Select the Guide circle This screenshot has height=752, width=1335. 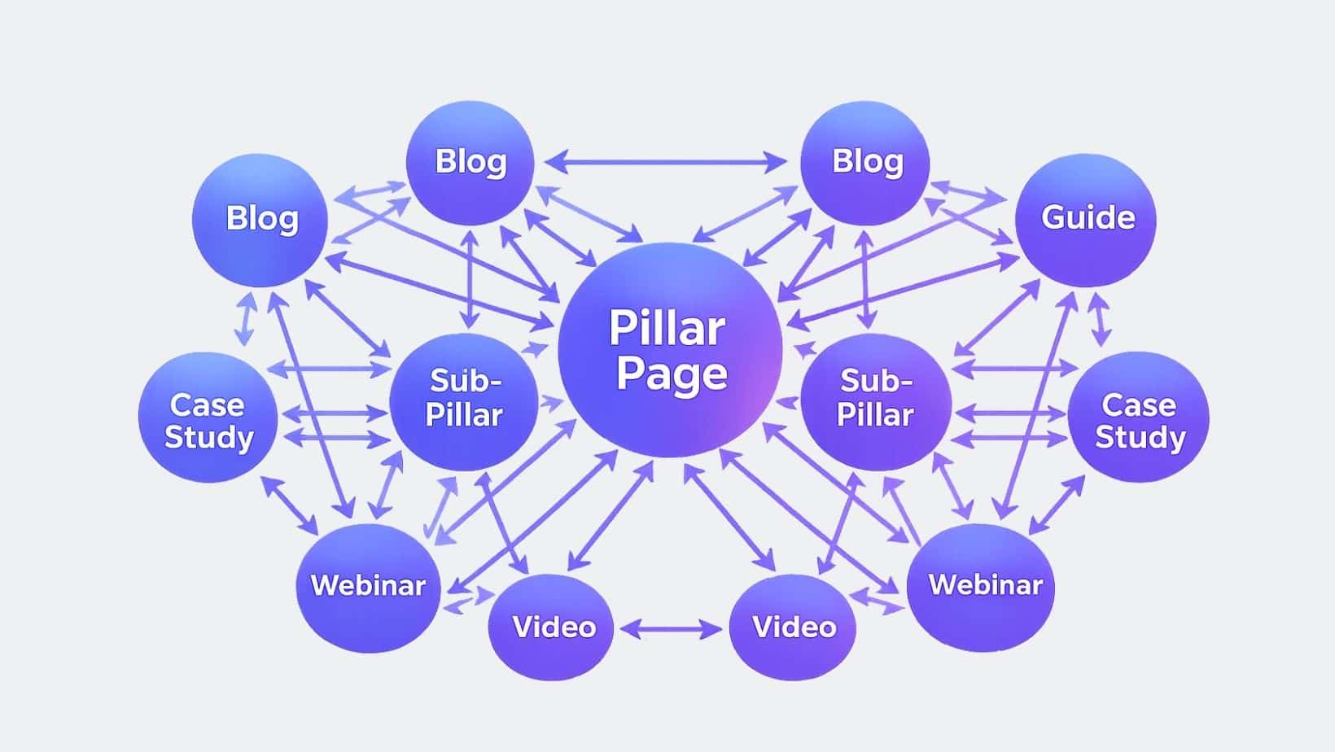(x=1087, y=219)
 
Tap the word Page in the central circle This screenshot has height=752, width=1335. (x=672, y=375)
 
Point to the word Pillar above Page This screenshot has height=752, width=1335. (x=667, y=328)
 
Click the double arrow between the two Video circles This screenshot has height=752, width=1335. (x=671, y=628)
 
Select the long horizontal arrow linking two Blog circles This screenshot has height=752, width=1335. (x=666, y=163)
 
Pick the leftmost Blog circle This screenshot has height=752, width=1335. (x=260, y=220)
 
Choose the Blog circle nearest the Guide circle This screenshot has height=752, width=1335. (x=865, y=163)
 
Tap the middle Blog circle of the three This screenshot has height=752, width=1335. (x=470, y=163)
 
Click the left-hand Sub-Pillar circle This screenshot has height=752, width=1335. (x=463, y=400)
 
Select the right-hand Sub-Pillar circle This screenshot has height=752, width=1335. (x=876, y=400)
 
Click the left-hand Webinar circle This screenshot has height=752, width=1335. (x=368, y=587)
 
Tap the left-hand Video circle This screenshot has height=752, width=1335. (x=551, y=627)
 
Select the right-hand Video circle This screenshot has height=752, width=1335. (x=793, y=627)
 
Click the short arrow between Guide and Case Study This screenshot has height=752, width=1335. (x=1100, y=318)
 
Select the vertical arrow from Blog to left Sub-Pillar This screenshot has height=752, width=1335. (x=470, y=279)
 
